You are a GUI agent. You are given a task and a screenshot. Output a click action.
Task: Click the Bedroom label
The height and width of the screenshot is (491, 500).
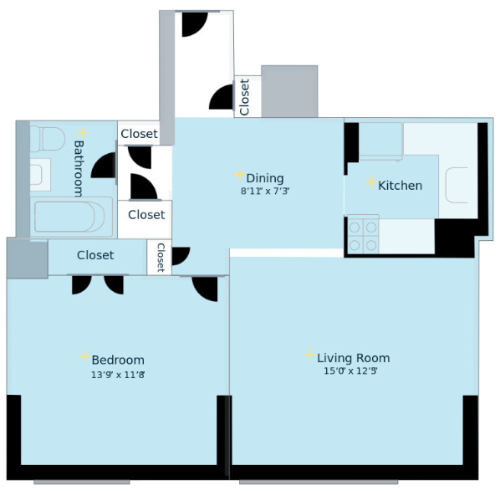pos(118,360)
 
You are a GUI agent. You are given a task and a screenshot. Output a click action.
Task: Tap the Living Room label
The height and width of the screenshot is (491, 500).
pos(354,358)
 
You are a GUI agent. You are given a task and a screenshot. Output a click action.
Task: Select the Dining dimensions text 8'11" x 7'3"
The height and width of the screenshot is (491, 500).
pos(265,191)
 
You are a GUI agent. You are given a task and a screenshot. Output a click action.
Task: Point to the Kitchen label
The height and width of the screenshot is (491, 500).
pos(400,186)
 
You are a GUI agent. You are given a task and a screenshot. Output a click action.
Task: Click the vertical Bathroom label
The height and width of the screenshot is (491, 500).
pos(79,168)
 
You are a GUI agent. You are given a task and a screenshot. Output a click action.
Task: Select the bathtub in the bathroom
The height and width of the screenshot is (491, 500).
pos(71,217)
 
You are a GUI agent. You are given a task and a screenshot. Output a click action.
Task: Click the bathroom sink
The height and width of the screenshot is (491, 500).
pos(40,175)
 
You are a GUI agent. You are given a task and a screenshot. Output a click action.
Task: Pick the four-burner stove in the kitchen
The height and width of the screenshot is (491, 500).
pos(363,236)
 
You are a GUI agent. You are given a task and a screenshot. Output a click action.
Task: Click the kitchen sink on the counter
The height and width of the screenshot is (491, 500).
pos(457,185)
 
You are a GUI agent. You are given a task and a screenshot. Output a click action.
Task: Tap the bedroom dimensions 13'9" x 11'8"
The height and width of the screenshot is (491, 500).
pos(118,375)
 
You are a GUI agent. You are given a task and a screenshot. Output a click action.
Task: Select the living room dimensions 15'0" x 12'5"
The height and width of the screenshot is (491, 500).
pos(350,371)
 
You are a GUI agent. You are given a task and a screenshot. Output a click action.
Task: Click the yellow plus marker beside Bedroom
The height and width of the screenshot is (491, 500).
pos(84,356)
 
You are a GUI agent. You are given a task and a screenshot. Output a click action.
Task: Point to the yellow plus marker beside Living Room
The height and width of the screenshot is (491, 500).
pos(310,354)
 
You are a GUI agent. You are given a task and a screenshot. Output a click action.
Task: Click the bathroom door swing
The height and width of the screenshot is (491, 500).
pos(104,166)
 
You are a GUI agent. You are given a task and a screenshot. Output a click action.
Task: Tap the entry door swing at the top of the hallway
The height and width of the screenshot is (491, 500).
pos(195,24)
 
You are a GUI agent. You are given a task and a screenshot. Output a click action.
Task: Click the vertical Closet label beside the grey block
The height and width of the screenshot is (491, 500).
pos(244,97)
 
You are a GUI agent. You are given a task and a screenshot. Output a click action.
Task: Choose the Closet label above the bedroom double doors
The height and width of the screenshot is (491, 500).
pos(95,255)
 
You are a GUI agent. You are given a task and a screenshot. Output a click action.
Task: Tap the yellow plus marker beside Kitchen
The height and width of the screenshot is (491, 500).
pos(371,182)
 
